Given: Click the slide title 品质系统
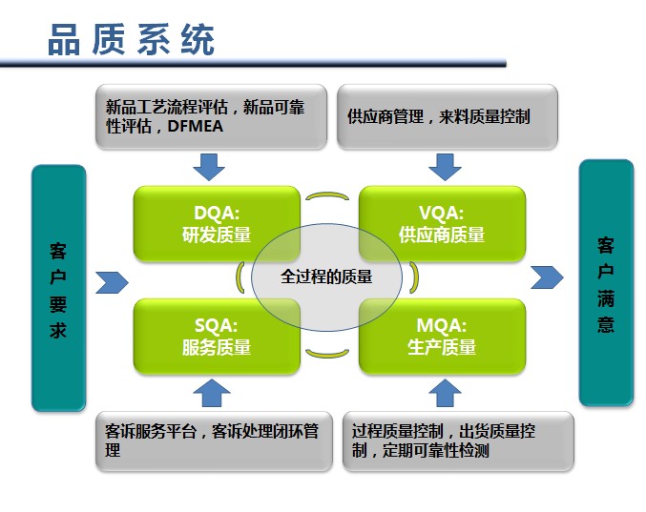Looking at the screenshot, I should tap(131, 41).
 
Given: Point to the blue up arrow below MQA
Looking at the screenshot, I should tap(445, 392).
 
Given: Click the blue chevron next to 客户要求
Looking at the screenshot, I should tap(113, 282).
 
